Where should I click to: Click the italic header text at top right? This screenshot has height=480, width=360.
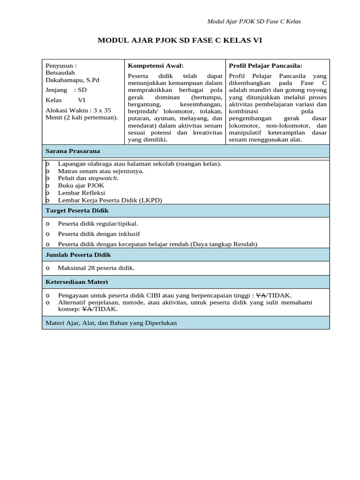254,22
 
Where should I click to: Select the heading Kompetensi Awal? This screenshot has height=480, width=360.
156,66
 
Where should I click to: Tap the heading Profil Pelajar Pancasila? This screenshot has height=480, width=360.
265,66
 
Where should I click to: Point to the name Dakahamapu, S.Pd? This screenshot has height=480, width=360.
72,80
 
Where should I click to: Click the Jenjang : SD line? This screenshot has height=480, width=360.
66,90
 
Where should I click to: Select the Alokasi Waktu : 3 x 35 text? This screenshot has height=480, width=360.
78,110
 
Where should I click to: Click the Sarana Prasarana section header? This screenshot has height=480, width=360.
73,151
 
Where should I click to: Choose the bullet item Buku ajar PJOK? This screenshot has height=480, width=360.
81,185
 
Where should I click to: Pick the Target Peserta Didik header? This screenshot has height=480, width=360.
77,211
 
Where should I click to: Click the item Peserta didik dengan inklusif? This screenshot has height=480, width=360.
99,234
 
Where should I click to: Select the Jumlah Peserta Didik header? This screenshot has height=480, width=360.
78,255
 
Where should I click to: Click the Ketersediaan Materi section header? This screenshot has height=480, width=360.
77,282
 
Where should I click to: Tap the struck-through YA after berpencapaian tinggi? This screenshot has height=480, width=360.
261,295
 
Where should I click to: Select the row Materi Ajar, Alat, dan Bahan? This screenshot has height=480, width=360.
111,323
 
